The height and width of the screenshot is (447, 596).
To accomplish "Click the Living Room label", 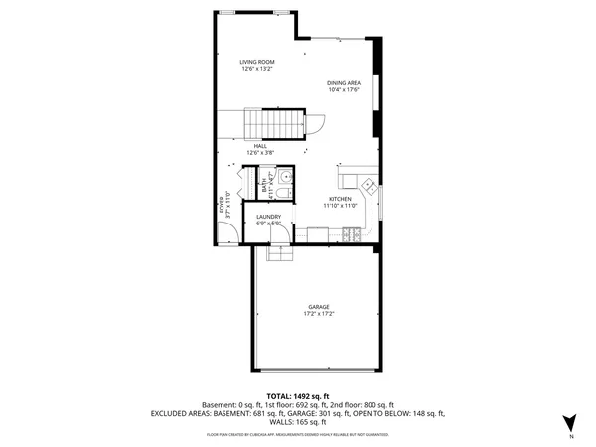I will tap(256, 63).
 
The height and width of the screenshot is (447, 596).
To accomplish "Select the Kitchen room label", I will tap(341, 199).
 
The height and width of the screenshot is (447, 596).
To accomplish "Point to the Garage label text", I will tap(318, 307).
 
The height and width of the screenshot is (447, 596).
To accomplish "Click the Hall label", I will tap(259, 146).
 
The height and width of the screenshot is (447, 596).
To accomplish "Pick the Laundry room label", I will tap(268, 217).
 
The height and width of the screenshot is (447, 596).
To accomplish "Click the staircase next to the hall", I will tap(274, 124).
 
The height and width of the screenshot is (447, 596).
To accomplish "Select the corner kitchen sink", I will tap(368, 185).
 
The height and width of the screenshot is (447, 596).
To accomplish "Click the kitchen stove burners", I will tap(353, 234).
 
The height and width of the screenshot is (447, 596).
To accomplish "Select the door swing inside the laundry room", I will tap(281, 235).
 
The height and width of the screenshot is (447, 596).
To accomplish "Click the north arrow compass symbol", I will tap(570, 422).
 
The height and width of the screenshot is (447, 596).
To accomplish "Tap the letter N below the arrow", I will tap(571, 437).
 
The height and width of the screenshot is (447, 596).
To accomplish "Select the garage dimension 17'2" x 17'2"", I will tap(318, 314).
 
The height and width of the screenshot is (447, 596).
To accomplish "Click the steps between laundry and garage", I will tap(280, 254).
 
